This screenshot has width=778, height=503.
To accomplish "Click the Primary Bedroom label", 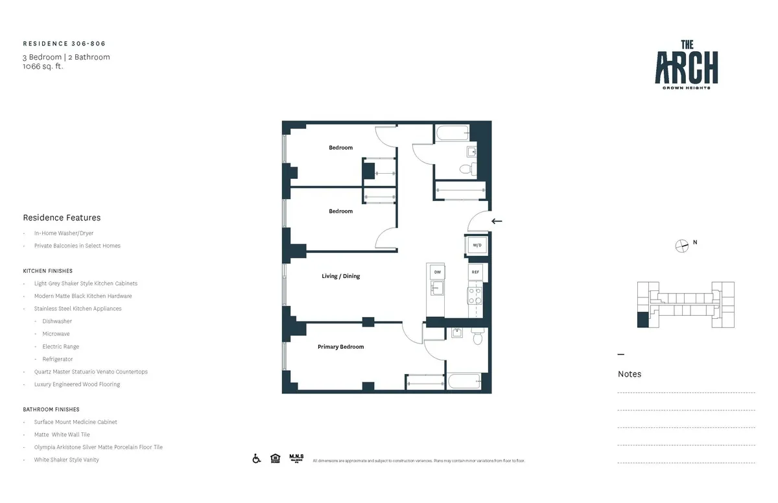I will pyautogui.click(x=340, y=347).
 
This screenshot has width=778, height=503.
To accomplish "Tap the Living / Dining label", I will pyautogui.click(x=340, y=276).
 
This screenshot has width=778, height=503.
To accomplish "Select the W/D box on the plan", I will pyautogui.click(x=477, y=246).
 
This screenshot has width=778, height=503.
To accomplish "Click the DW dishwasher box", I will pyautogui.click(x=437, y=272).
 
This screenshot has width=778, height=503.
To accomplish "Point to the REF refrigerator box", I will pyautogui.click(x=475, y=272).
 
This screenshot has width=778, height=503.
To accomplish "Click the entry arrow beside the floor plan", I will pyautogui.click(x=497, y=221).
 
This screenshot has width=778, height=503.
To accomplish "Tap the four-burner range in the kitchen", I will pyautogui.click(x=475, y=296).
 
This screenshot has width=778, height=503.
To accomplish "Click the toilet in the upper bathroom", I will pyautogui.click(x=466, y=169).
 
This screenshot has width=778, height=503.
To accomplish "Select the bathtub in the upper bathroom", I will pyautogui.click(x=453, y=134).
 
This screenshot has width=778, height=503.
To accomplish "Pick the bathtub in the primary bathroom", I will pyautogui.click(x=463, y=382).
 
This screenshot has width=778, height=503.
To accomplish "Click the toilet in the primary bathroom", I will pyautogui.click(x=477, y=338).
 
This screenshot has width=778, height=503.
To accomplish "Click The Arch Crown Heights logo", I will pyautogui.click(x=686, y=65).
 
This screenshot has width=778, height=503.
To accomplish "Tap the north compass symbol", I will pyautogui.click(x=681, y=245).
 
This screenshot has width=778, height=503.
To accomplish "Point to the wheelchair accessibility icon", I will pyautogui.click(x=257, y=459).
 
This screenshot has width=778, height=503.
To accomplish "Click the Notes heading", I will pyautogui.click(x=629, y=374).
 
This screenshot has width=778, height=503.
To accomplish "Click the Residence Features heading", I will pyautogui.click(x=62, y=218).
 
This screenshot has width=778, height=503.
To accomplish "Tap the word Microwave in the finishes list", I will pyautogui.click(x=56, y=334).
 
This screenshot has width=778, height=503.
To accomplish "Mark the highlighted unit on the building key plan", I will pyautogui.click(x=642, y=320).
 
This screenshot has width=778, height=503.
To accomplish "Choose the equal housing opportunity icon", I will pyautogui.click(x=276, y=459).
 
